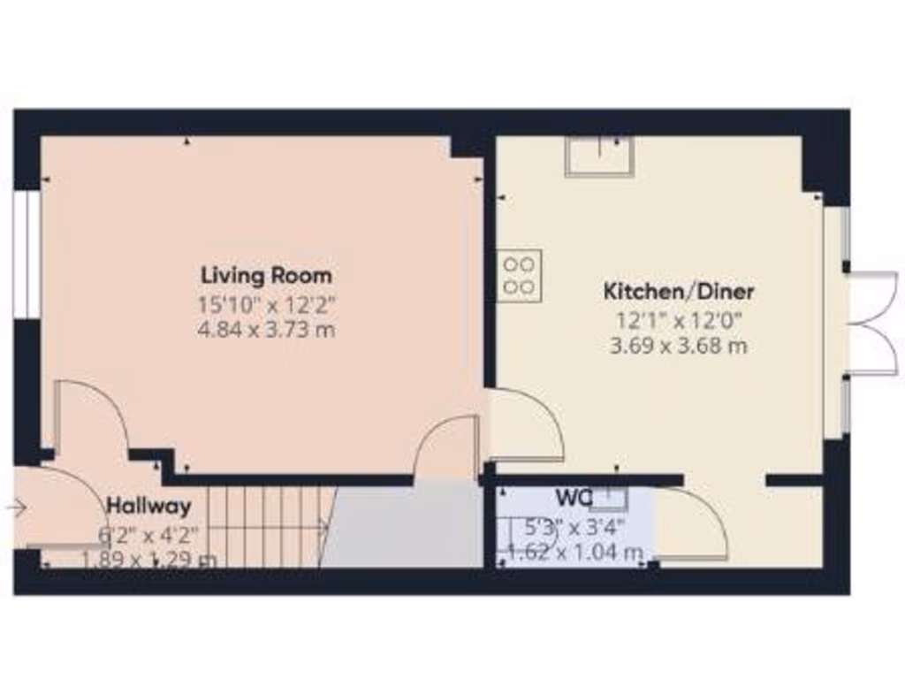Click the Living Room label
[266, 275]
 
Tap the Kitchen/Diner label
[679, 290]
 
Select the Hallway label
[148, 507]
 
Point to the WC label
[573, 497]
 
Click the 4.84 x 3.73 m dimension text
[266, 331]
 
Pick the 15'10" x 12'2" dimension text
[266, 306]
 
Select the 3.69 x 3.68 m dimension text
[679, 346]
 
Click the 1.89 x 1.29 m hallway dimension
[148, 559]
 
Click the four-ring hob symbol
[520, 275]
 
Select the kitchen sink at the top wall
[599, 157]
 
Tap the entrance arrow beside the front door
[16, 507]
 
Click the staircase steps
[265, 527]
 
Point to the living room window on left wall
[30, 254]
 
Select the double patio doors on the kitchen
[871, 320]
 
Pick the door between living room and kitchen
[527, 426]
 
